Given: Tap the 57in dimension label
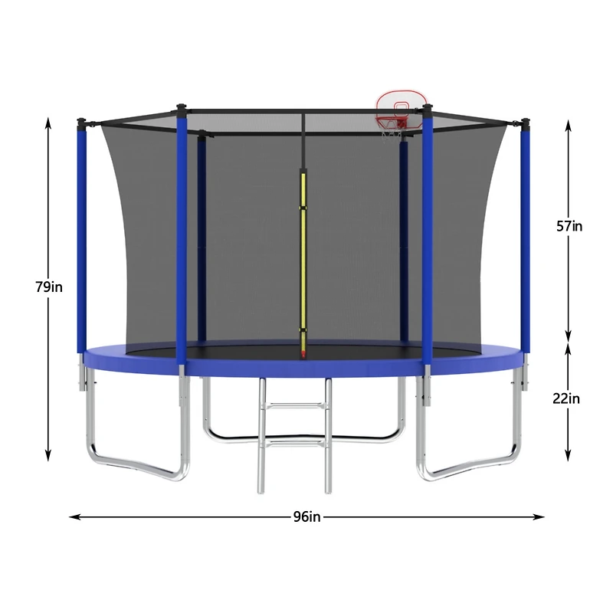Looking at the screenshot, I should [x=569, y=226].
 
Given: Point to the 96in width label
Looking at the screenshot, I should [x=306, y=516].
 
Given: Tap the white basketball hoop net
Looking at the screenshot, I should [x=392, y=133].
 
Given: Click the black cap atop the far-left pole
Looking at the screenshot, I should [x=80, y=120].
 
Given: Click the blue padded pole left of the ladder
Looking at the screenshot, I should [x=182, y=238].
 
